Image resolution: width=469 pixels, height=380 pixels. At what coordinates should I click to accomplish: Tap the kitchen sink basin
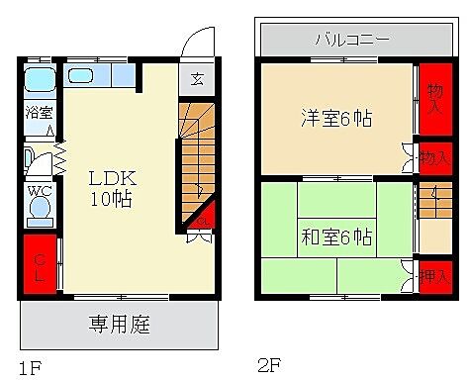(x=80, y=75)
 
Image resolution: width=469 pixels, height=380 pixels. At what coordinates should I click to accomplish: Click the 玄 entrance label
(x=197, y=80)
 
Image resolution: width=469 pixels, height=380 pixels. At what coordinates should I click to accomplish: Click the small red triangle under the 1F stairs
(x=203, y=216)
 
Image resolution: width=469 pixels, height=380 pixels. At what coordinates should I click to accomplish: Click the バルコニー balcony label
(x=351, y=40)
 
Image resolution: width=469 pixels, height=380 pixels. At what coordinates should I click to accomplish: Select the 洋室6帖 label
(x=336, y=119)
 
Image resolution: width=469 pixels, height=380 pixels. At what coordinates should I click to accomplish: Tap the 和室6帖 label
(x=336, y=237)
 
